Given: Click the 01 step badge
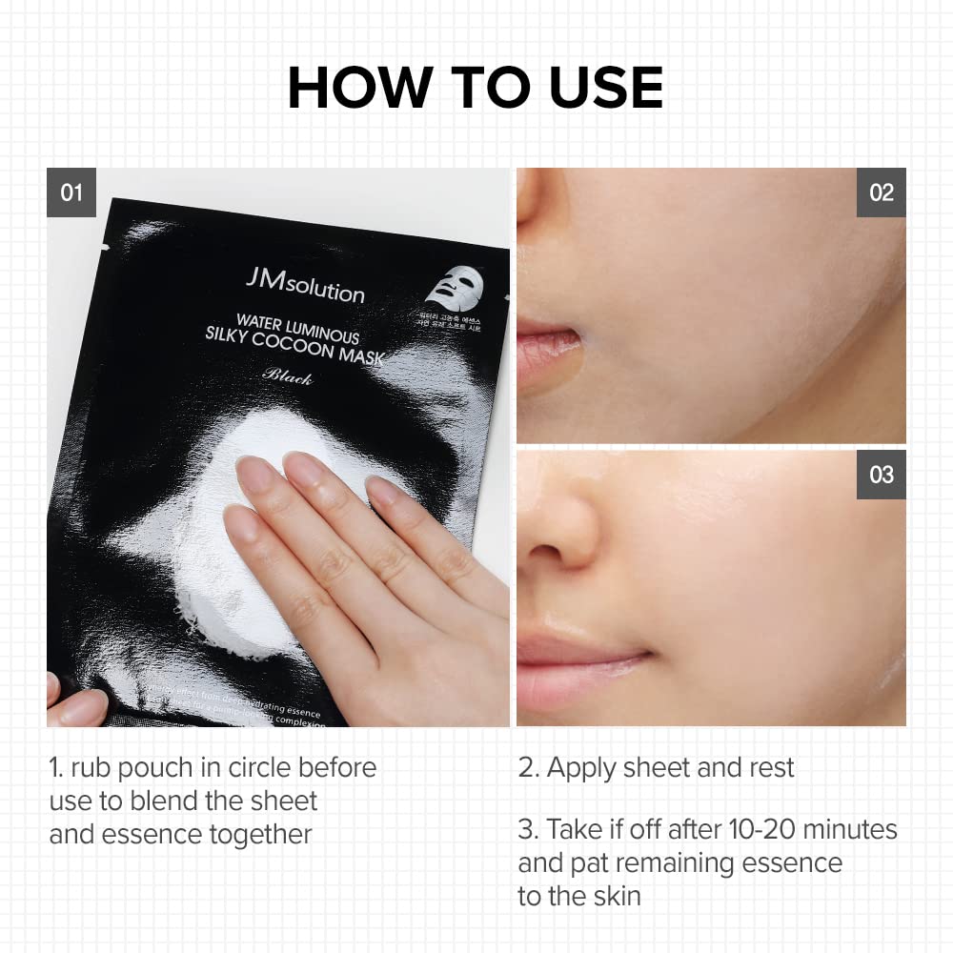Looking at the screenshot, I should (x=71, y=193).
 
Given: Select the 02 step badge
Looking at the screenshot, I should (x=882, y=193).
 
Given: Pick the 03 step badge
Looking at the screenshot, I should (x=882, y=474).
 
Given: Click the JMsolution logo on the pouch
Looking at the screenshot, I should (x=305, y=286).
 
